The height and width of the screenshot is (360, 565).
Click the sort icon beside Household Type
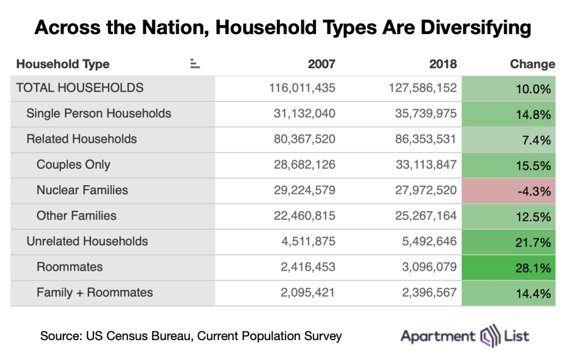tap(194, 64)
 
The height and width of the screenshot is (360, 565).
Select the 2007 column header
tap(321, 64)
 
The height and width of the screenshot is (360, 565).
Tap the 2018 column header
tap(443, 64)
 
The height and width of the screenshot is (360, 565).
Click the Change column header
tap(532, 64)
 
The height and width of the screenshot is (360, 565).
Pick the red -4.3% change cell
tap(509, 191)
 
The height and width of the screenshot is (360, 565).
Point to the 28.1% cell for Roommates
tap(509, 268)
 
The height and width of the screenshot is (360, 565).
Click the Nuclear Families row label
tap(82, 190)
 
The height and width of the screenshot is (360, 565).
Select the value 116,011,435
tap(302, 88)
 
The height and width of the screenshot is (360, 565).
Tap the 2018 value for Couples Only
tap(423, 165)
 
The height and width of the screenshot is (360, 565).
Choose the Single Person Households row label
tap(99, 114)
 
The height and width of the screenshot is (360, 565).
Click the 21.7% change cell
tap(509, 242)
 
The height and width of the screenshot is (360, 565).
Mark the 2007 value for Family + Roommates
tap(307, 293)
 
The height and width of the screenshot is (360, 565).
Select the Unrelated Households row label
tap(87, 241)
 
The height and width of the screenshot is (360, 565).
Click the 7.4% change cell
tap(509, 139)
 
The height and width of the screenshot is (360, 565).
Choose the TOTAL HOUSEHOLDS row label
tap(80, 88)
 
